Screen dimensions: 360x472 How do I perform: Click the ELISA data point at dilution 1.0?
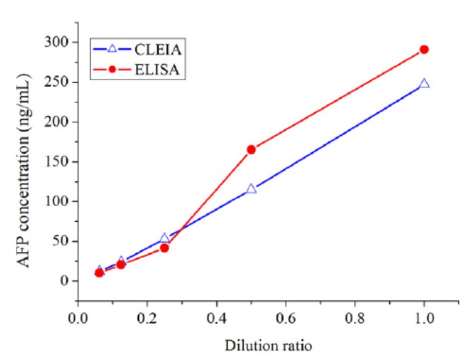424,49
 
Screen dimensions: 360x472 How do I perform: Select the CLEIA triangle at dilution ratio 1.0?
424,83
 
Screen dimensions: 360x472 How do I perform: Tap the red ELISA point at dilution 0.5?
251,149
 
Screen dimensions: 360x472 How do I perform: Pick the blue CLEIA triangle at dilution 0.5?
251,189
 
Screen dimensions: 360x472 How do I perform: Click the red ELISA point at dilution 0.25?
165,248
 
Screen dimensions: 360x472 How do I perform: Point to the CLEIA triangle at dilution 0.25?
165,238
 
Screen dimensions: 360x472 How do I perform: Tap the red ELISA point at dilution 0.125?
121,264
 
